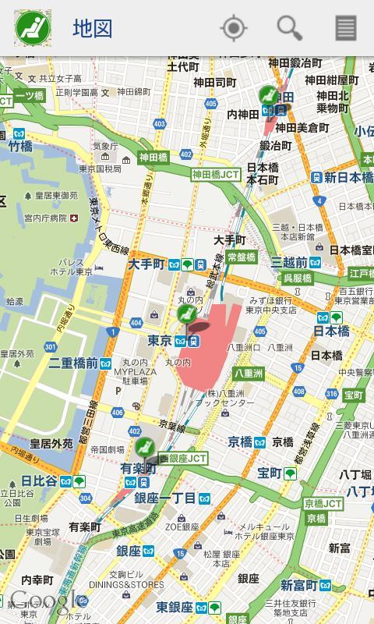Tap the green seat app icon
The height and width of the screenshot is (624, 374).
(x=32, y=28)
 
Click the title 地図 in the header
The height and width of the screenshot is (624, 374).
(x=93, y=29)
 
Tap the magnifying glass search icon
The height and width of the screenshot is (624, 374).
(x=289, y=28)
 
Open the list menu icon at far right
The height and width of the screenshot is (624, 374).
(x=345, y=28)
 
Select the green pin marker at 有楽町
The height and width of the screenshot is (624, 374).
(x=144, y=448)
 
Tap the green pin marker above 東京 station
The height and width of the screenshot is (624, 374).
(x=185, y=314)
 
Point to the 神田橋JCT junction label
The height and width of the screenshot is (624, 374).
(x=216, y=175)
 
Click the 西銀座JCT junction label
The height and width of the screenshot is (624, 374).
(x=183, y=459)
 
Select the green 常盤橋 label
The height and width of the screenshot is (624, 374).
(x=242, y=257)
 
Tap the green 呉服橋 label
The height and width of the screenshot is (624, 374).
(x=297, y=278)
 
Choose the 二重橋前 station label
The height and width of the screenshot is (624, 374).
(x=73, y=363)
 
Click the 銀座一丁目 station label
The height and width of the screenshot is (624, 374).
(x=165, y=498)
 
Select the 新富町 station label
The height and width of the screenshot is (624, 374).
(x=298, y=585)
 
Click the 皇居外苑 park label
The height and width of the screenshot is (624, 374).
(x=46, y=443)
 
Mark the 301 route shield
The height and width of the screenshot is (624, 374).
(x=51, y=347)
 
